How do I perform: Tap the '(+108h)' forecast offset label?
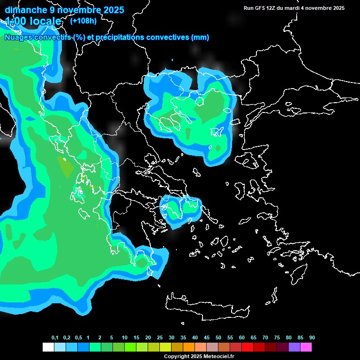pyautogui.click(x=83, y=21)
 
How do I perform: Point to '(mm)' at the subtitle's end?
pyautogui.click(x=200, y=37)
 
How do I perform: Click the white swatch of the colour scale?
pyautogui.click(x=48, y=347)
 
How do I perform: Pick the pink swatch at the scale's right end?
pyautogui.click(x=306, y=347)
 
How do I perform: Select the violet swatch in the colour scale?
pyautogui.click(x=294, y=347)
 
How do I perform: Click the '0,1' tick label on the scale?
pyautogui.click(x=55, y=338)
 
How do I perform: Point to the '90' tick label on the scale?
pyautogui.click(x=312, y=338)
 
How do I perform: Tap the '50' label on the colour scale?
pyautogui.click(x=218, y=338)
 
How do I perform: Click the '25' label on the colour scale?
pyautogui.click(x=160, y=338)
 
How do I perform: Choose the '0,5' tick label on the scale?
pyautogui.click(x=78, y=338)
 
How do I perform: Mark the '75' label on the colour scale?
pyautogui.click(x=277, y=338)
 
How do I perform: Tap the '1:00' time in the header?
pyautogui.click(x=15, y=21)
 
